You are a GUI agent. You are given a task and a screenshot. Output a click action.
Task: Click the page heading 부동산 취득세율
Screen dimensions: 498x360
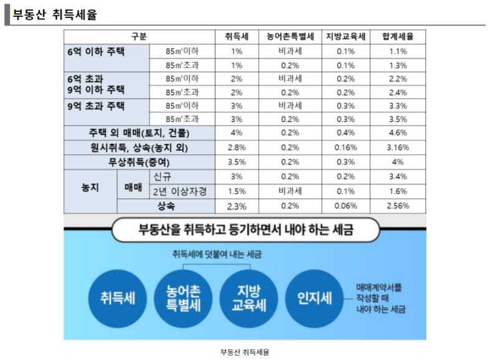(55, 14)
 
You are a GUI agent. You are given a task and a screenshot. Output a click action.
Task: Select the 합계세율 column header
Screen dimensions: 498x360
(398, 37)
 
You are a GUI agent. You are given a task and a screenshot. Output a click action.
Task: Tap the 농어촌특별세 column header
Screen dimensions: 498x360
(290, 37)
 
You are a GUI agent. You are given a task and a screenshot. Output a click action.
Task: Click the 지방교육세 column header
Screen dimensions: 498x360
(345, 37)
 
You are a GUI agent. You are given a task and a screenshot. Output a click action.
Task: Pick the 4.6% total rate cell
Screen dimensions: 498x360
(398, 133)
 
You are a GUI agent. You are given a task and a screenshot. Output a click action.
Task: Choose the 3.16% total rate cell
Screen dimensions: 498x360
(398, 148)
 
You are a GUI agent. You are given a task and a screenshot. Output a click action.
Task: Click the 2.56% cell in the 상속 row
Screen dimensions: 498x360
(398, 206)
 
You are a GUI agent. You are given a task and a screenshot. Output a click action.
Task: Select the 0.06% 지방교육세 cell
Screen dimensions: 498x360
(345, 206)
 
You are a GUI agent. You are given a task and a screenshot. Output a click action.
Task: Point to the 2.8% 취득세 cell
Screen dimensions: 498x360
(237, 148)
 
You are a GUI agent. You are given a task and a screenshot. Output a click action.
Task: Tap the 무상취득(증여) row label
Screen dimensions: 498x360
(139, 163)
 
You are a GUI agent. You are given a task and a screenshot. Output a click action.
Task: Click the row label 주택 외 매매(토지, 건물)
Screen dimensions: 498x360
(139, 133)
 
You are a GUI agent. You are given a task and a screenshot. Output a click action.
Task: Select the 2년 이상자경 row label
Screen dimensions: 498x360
(180, 192)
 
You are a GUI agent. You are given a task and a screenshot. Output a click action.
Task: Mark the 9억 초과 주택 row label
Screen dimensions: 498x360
(96, 106)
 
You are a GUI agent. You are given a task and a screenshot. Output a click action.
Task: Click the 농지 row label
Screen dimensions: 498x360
(90, 187)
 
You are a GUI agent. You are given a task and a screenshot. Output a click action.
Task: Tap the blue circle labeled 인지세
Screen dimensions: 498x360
(314, 298)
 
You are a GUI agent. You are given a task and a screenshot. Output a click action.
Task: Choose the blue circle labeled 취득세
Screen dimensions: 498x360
(118, 298)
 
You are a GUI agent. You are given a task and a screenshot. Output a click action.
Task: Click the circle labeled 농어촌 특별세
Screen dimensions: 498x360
(183, 298)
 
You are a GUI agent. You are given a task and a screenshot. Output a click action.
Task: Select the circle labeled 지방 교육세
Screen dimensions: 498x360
(248, 298)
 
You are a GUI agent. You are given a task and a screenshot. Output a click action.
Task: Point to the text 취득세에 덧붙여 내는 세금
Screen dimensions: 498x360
(217, 254)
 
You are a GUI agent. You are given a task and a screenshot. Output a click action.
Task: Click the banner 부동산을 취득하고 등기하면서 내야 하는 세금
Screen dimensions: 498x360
(246, 229)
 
